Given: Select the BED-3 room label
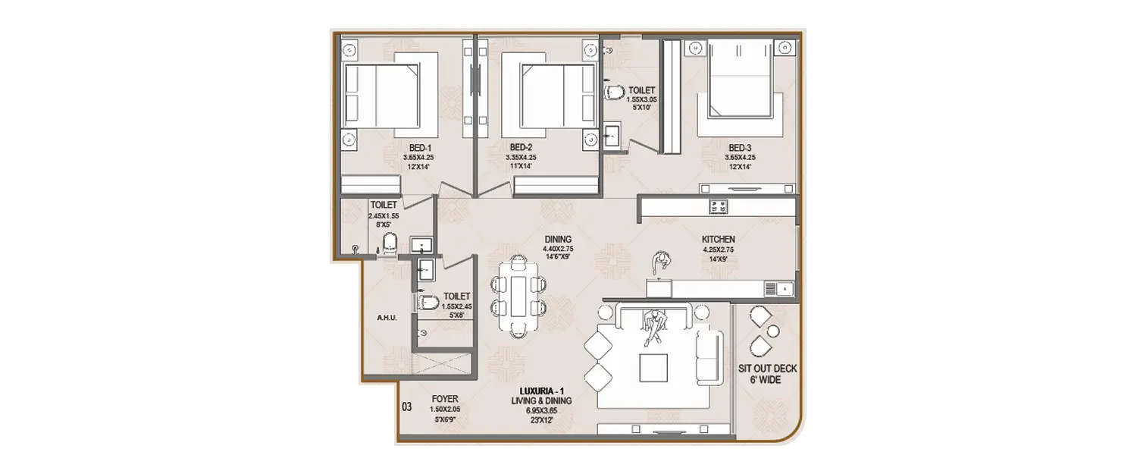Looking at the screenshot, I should tap(739, 147).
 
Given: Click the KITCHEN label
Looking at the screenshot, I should tap(718, 239).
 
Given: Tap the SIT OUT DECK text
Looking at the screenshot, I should tap(767, 369).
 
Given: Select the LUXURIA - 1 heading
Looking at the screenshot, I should tap(540, 391).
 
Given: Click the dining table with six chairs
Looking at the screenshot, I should tap(520, 295).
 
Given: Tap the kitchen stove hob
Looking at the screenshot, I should tap(718, 206).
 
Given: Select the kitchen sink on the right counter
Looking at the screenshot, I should tap(778, 288).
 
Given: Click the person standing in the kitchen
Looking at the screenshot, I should tap(661, 262).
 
